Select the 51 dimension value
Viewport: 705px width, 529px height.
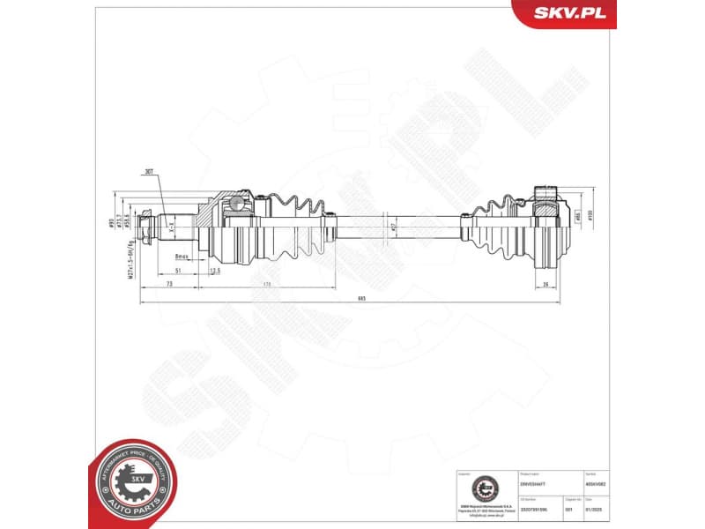tap(179, 272)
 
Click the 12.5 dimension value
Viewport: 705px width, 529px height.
tap(215, 272)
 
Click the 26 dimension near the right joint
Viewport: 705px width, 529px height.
tap(546, 284)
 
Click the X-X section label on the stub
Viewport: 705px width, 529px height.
tap(173, 227)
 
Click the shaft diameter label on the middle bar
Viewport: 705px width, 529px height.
tap(394, 227)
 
